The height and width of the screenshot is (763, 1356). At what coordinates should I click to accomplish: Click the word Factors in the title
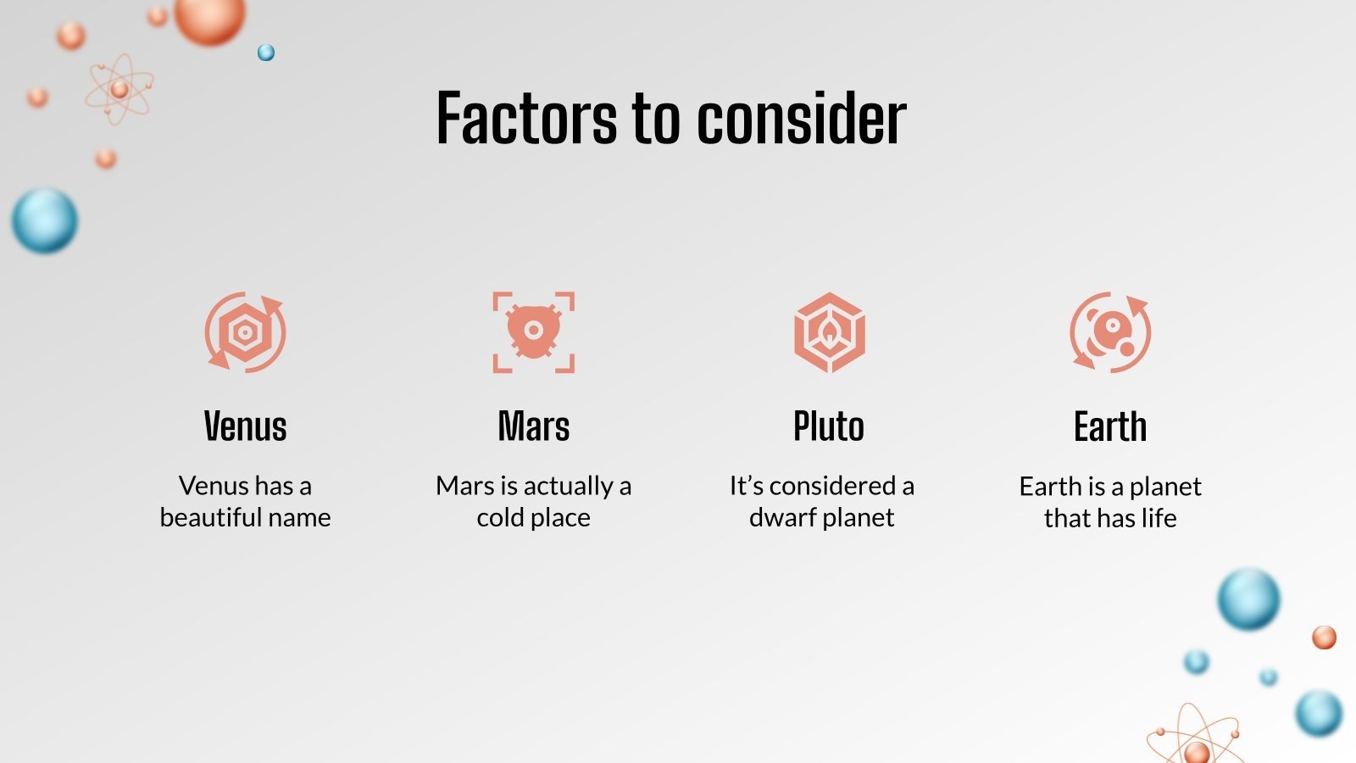526,118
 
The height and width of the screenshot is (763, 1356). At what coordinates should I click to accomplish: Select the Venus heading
245,426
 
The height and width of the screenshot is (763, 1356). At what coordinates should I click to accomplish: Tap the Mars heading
534,426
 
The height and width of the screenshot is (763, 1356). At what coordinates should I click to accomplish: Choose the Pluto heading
828,426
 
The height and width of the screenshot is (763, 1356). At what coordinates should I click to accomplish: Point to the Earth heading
1110,426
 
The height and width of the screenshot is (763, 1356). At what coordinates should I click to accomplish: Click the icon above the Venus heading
245,332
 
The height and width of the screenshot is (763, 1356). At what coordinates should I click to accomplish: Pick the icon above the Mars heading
534,332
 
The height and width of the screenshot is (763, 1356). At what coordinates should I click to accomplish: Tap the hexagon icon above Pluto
829,332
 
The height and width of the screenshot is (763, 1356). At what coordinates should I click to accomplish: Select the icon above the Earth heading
1110,332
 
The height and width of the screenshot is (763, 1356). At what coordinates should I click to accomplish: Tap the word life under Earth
1159,518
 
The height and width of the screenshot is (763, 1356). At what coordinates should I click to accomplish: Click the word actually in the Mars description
568,486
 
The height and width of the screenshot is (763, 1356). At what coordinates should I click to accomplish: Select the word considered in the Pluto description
832,486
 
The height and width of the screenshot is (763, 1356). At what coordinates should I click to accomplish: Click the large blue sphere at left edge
45,220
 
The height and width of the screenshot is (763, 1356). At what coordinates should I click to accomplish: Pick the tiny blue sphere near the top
266,53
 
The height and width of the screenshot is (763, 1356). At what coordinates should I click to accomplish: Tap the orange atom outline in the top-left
119,90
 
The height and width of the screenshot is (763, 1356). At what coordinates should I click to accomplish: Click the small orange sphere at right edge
1324,638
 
